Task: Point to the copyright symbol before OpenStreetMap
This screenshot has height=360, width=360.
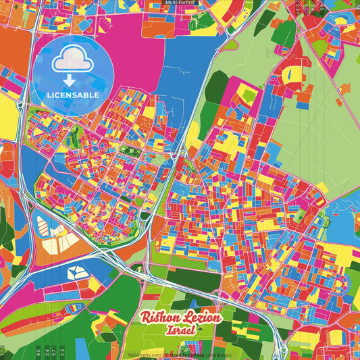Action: pos(166,354)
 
